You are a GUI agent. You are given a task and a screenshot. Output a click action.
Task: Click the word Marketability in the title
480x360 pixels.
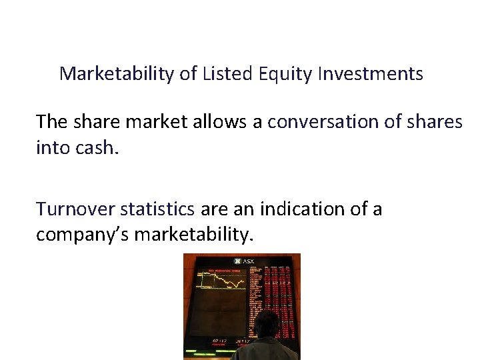click(117, 73)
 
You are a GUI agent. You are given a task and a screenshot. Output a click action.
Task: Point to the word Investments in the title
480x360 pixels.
click(370, 73)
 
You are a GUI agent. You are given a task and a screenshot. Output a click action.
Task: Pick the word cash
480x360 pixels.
click(99, 147)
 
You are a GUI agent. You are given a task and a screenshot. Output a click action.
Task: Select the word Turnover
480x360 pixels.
click(76, 209)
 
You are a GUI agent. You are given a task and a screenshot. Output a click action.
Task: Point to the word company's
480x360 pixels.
click(82, 235)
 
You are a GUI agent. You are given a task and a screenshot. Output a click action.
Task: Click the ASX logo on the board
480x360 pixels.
click(244, 261)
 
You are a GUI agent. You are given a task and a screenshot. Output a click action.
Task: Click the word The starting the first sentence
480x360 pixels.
click(52, 122)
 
